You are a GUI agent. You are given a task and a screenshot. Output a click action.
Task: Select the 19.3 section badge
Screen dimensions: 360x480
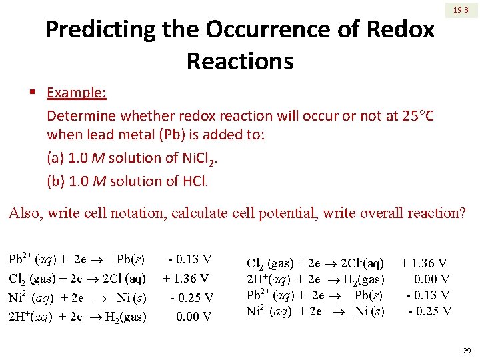tap(461, 11)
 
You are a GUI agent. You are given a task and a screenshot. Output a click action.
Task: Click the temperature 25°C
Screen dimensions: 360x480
tap(419, 116)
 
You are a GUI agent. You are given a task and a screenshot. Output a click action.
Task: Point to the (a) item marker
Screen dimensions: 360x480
tap(56, 158)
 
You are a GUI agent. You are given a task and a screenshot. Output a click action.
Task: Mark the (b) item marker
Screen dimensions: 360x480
tap(56, 181)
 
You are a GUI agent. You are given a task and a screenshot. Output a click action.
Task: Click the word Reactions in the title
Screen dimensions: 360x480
tap(240, 61)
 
